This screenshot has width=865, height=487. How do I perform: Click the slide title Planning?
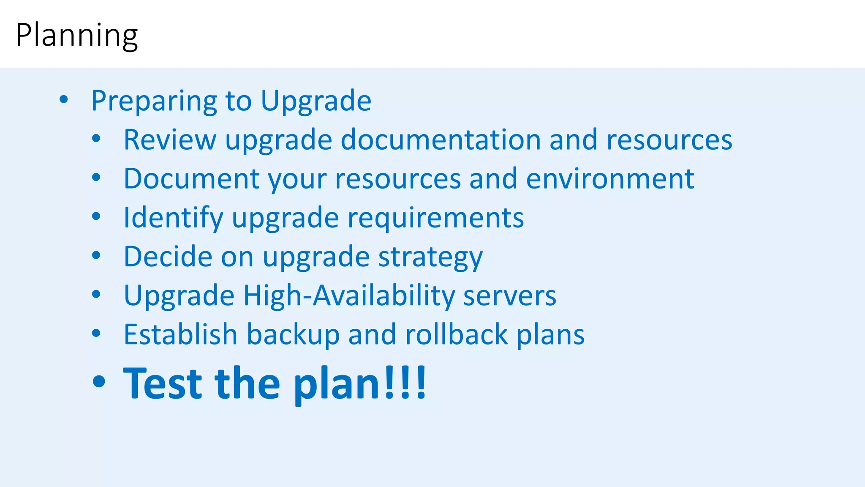(76, 36)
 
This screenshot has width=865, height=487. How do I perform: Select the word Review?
(170, 140)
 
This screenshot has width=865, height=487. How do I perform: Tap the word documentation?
(441, 140)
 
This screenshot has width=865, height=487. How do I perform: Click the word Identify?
(173, 218)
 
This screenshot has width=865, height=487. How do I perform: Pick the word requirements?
(435, 218)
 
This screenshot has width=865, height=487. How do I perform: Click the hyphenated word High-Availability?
(349, 295)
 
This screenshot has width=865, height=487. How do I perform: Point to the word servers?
(510, 296)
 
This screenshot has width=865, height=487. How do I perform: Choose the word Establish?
(180, 334)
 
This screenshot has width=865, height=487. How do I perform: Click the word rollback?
(456, 334)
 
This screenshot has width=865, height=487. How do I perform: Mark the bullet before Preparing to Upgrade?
(64, 100)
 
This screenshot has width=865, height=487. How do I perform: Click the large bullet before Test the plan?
(99, 382)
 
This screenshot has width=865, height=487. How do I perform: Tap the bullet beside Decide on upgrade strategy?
(96, 255)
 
